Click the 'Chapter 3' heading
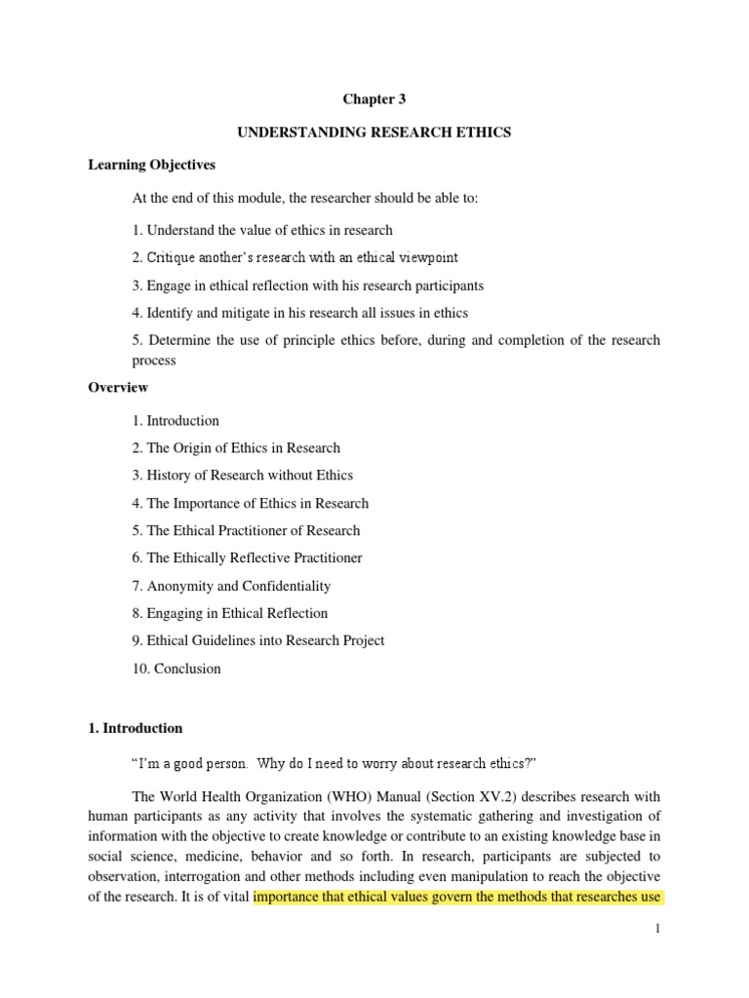pyautogui.click(x=374, y=98)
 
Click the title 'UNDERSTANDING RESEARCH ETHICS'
pyautogui.click(x=374, y=132)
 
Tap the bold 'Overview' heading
pyautogui.click(x=118, y=387)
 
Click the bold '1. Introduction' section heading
pyautogui.click(x=135, y=728)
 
